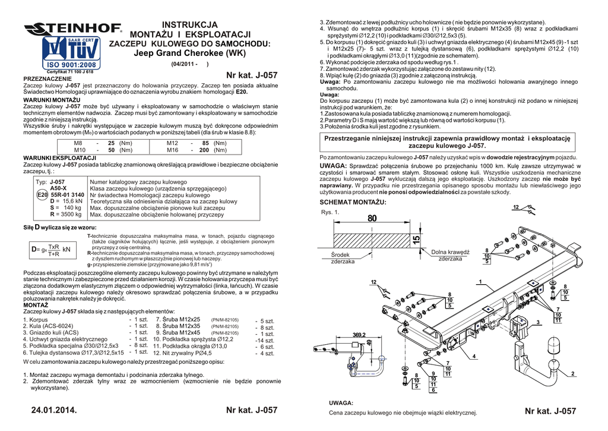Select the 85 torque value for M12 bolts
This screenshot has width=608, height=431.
click(205, 143)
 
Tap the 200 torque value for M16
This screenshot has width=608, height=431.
click(204, 150)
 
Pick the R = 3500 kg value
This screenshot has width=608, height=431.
click(65, 215)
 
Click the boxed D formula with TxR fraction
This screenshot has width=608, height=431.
click(50, 250)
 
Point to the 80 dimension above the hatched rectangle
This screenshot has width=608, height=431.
click(372, 219)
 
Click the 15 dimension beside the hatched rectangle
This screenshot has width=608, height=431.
click(415, 239)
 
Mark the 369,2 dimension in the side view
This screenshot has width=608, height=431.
click(359, 335)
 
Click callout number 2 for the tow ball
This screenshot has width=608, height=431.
click(572, 374)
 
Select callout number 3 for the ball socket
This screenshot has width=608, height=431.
click(537, 322)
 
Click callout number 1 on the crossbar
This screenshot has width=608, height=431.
click(479, 281)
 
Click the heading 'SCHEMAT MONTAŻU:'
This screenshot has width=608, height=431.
click(353, 202)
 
